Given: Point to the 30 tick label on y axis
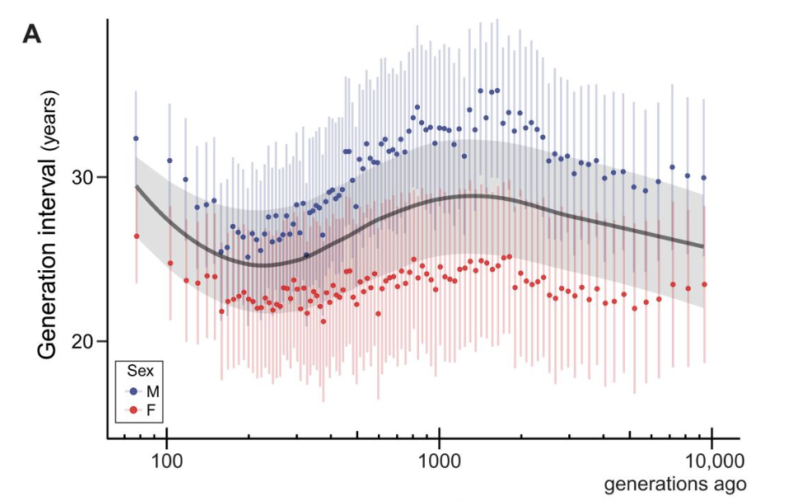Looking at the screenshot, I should click(85, 177).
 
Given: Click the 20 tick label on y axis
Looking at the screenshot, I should click(85, 341).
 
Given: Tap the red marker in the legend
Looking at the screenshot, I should click(133, 410).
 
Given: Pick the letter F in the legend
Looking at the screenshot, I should click(151, 410).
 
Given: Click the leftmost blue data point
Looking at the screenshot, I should click(136, 138).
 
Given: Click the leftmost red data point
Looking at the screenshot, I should click(136, 236).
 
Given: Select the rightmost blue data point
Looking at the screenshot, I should click(704, 178).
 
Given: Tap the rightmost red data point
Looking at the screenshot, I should click(704, 285).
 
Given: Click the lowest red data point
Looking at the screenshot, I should click(324, 321).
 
